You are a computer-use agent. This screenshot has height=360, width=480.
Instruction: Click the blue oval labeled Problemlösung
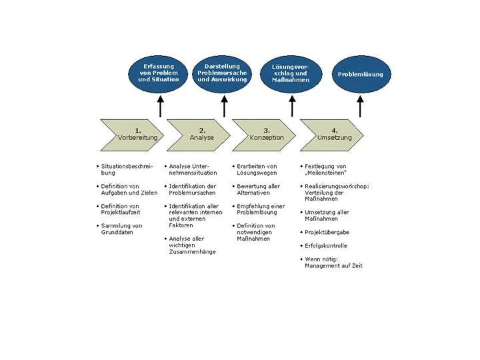(360, 74)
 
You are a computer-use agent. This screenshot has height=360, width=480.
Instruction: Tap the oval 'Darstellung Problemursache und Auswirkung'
(222, 73)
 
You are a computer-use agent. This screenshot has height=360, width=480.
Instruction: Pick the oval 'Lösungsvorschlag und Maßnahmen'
(290, 74)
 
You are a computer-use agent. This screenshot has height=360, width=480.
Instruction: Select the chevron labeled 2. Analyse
(200, 134)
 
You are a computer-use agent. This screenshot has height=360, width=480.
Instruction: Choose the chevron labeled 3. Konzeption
(266, 134)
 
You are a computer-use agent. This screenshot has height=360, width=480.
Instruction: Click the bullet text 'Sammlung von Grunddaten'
(121, 229)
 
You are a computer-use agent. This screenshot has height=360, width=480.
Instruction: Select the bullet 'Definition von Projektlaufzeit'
(120, 209)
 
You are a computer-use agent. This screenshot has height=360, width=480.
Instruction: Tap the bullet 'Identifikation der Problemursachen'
(192, 189)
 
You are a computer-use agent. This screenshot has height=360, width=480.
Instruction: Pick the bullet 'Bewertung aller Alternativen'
(258, 189)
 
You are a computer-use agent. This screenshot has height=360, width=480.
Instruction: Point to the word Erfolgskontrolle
(326, 246)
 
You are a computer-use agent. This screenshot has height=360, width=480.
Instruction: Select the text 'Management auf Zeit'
(334, 266)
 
